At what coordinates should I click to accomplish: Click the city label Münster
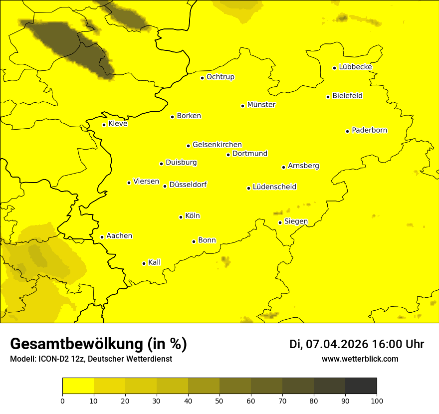click(261, 105)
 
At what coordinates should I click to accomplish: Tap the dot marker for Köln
click(181, 217)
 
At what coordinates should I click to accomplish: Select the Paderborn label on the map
click(369, 130)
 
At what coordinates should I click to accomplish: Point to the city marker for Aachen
click(102, 237)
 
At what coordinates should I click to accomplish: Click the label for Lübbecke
click(355, 67)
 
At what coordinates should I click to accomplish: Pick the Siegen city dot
click(280, 222)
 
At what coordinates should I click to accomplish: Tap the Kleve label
click(118, 124)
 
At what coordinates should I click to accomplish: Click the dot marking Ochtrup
click(203, 78)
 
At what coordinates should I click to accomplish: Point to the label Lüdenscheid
click(274, 187)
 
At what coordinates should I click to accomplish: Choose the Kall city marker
click(144, 263)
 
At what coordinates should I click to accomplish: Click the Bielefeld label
click(347, 96)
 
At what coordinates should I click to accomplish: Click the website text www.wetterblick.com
click(360, 359)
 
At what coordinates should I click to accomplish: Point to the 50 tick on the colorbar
click(219, 400)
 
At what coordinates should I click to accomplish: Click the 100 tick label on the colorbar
click(377, 400)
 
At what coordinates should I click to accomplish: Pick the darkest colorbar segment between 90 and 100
click(361, 386)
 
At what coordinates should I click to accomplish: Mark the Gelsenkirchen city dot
click(189, 146)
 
